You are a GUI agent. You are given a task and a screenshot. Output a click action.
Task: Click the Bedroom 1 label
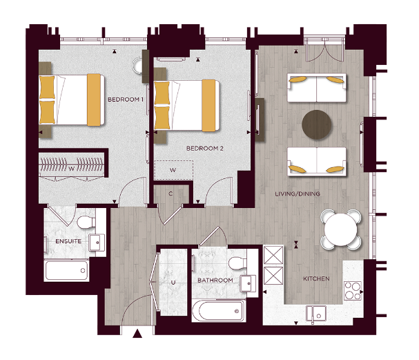tap(125, 100)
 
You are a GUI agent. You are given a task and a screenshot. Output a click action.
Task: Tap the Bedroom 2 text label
tap(205, 148)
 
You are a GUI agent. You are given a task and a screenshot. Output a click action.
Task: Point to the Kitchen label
tap(316, 279)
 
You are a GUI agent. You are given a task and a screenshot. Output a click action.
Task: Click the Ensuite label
tap(68, 241)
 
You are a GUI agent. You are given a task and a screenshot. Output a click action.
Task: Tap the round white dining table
tap(341, 228)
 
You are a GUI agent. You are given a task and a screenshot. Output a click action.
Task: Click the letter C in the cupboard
tap(170, 193)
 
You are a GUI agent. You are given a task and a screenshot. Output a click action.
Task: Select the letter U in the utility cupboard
tap(172, 283)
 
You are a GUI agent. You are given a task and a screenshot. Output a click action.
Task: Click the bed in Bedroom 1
tap(72, 100)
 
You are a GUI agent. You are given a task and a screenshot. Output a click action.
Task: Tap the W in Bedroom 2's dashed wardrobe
tap(173, 169)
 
